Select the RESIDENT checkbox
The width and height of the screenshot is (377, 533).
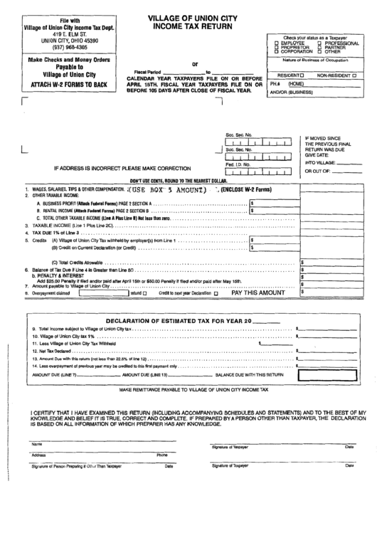tap(302, 75)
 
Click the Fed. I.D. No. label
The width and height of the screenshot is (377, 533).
tap(238, 164)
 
